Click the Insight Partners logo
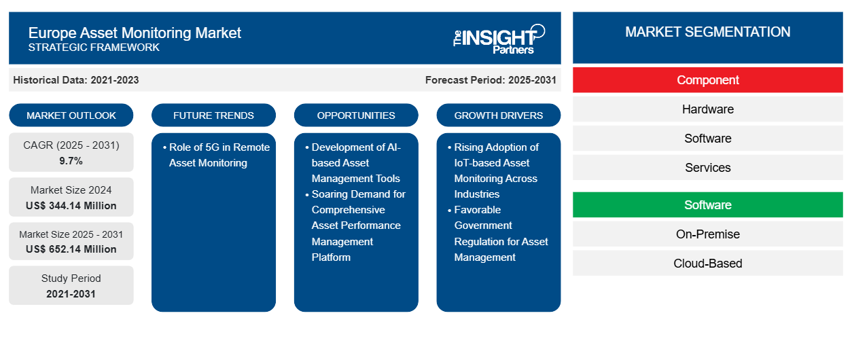click(x=499, y=39)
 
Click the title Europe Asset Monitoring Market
click(x=135, y=33)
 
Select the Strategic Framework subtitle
click(x=94, y=48)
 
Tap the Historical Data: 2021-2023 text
click(x=76, y=80)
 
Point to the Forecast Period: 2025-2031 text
click(x=491, y=80)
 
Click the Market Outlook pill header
click(x=71, y=115)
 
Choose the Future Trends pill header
click(x=213, y=115)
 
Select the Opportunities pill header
click(x=356, y=115)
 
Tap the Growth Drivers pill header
click(x=499, y=115)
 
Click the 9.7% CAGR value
click(x=71, y=161)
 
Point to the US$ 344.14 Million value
click(x=71, y=205)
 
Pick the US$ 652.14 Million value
click(x=71, y=249)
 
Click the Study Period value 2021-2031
click(x=71, y=294)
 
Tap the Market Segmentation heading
click(x=707, y=32)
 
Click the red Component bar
click(x=707, y=80)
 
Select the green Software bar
click(x=707, y=205)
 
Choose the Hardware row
click(x=707, y=109)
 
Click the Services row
click(x=707, y=168)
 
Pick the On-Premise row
click(x=707, y=234)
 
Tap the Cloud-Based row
click(x=707, y=264)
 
